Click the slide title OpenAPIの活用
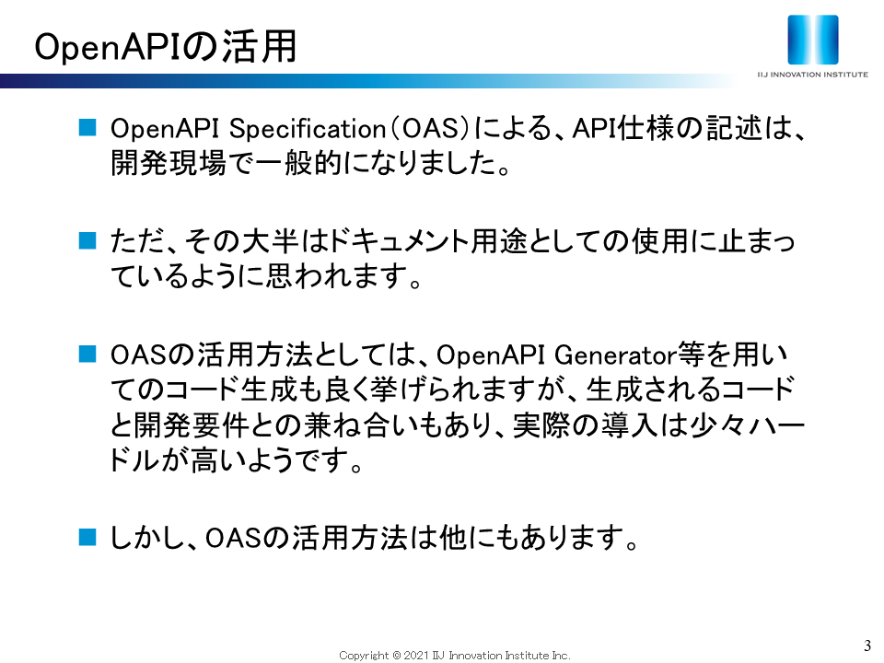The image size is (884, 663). click(165, 46)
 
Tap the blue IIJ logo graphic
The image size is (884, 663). click(812, 40)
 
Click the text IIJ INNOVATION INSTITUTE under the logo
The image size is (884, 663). click(812, 75)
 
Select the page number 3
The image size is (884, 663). click(867, 646)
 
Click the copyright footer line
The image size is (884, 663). click(454, 655)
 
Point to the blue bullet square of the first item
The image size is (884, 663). click(87, 127)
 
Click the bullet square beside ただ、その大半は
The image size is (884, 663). click(87, 240)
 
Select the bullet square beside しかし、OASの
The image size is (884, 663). click(87, 537)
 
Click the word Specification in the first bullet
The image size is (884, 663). click(307, 129)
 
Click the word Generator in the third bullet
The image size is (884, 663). click(615, 355)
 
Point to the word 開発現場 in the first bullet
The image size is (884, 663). click(168, 164)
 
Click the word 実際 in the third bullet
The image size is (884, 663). click(541, 425)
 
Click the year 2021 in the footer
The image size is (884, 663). click(416, 655)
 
